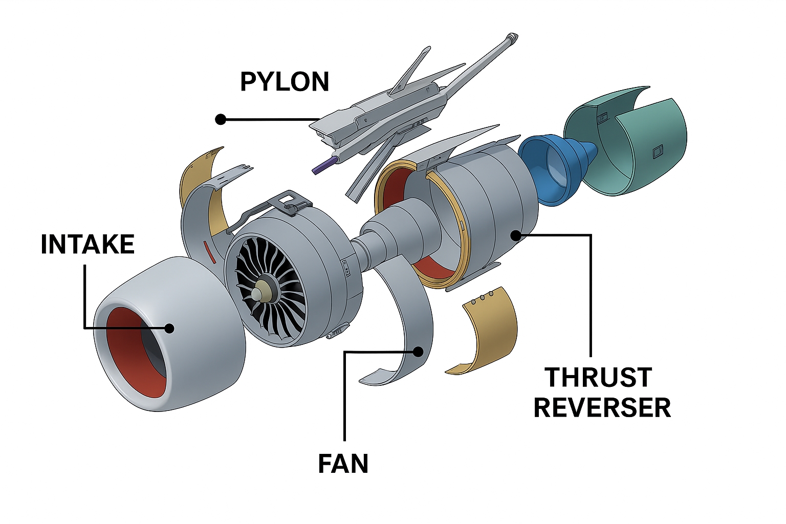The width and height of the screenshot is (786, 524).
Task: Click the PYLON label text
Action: (x=285, y=82)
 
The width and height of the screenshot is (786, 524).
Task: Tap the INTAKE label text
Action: (x=88, y=245)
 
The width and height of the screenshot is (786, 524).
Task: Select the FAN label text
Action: (x=343, y=464)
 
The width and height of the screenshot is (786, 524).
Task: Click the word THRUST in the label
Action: (x=598, y=378)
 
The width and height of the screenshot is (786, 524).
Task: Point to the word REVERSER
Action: (x=602, y=408)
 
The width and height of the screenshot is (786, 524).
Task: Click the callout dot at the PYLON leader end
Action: (x=221, y=120)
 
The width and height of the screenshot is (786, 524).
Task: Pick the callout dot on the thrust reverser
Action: (x=516, y=235)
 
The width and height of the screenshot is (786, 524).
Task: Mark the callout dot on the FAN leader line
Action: (x=419, y=352)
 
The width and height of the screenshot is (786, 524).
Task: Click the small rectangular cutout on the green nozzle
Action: (x=657, y=151)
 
